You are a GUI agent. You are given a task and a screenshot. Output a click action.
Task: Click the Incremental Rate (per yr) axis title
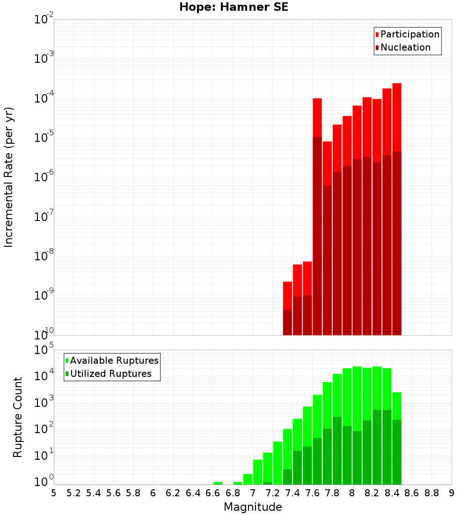9,177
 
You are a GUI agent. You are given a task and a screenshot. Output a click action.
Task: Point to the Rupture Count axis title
18,417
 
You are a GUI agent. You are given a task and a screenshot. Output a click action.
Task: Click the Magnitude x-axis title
253,507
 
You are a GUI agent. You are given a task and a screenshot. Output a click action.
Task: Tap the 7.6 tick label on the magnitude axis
312,493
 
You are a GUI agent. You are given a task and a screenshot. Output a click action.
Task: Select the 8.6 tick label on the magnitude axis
412,493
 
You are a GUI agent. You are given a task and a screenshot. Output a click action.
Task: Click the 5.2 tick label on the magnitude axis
73,493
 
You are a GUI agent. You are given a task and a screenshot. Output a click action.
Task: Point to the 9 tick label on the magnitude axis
452,493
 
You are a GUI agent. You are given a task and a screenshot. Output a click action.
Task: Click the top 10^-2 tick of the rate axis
44,20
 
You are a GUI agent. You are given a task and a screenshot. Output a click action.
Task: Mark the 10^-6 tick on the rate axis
44,177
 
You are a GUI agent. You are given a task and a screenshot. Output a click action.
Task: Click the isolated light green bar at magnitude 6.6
218,483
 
